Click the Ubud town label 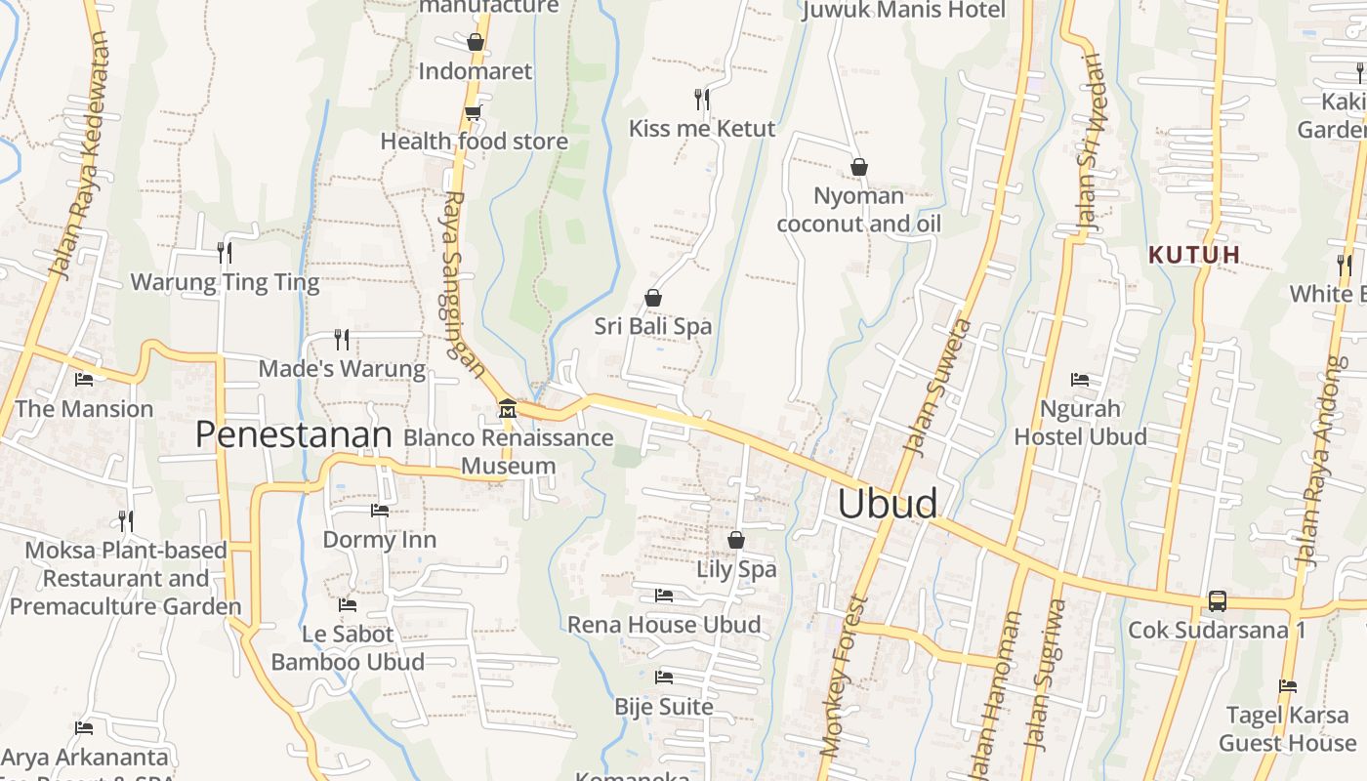[x=888, y=504]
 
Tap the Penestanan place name [x=293, y=434]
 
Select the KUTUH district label [x=1194, y=255]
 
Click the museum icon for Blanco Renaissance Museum [x=507, y=407]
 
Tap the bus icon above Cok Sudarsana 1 [x=1217, y=600]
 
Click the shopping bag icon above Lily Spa [x=736, y=540]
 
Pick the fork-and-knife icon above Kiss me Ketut [x=701, y=99]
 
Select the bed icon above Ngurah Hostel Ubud [x=1080, y=379]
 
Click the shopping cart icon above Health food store [x=474, y=112]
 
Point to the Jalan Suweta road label [x=937, y=387]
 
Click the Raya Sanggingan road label [x=464, y=283]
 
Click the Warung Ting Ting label [x=225, y=283]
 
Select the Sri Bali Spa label [x=653, y=326]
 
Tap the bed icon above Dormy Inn [x=380, y=510]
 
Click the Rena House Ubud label [x=664, y=625]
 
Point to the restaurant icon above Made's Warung [x=342, y=339]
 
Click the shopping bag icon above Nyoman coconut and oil [x=859, y=167]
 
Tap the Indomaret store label [x=476, y=71]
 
